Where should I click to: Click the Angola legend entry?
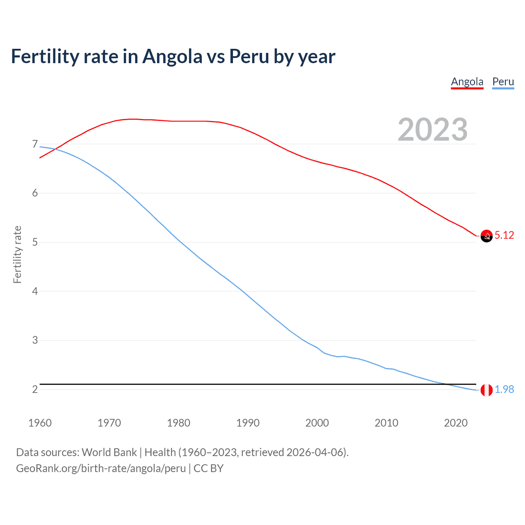(x=467, y=82)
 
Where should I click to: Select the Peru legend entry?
(x=503, y=82)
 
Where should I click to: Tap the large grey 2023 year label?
(x=433, y=130)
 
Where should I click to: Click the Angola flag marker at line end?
(x=486, y=236)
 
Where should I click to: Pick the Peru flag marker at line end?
(x=486, y=390)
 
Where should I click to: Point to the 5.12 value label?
(x=504, y=235)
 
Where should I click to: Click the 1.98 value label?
(x=504, y=389)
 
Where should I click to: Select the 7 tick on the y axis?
(x=35, y=144)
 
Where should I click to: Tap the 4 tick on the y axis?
(x=35, y=291)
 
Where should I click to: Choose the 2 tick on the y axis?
(x=35, y=389)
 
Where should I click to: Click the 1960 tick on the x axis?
(x=40, y=423)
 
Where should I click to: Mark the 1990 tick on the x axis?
(x=248, y=423)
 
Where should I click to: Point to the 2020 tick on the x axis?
(x=456, y=423)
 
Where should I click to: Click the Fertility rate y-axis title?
(x=17, y=254)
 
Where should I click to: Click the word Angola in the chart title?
(x=172, y=56)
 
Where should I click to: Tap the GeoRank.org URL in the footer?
(x=101, y=468)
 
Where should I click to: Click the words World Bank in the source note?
(x=109, y=452)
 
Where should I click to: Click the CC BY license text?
(x=208, y=468)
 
